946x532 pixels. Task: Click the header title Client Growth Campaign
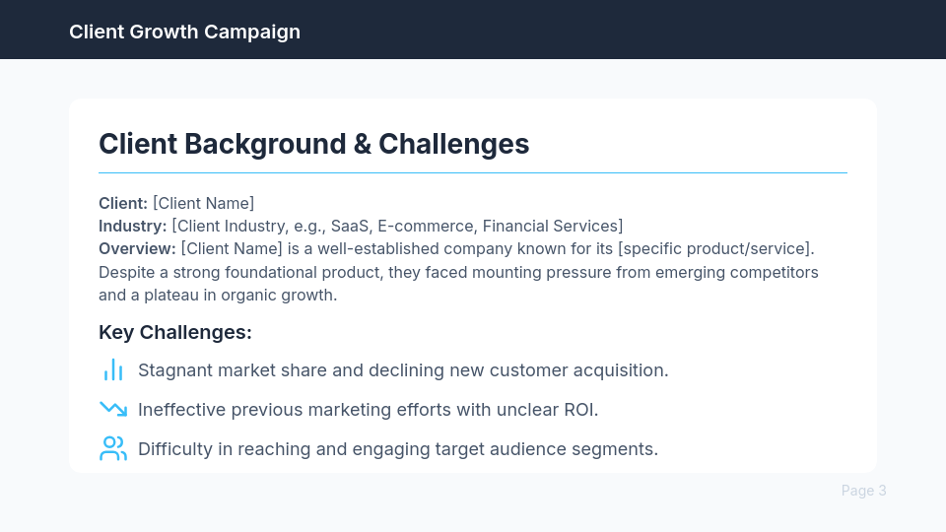tap(184, 32)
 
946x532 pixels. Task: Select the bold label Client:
tap(123, 203)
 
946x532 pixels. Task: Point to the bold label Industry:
tap(132, 226)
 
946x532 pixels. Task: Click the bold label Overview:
tap(137, 248)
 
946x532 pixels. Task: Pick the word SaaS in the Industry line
tap(349, 226)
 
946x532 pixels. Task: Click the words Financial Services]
tap(553, 226)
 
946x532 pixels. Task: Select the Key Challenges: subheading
tap(175, 332)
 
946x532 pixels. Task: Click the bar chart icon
tap(113, 370)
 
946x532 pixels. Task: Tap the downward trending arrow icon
tap(113, 409)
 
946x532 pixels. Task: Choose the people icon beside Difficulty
tap(113, 449)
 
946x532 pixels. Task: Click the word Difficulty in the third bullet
tap(173, 449)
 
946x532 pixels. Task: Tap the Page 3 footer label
tap(863, 491)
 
